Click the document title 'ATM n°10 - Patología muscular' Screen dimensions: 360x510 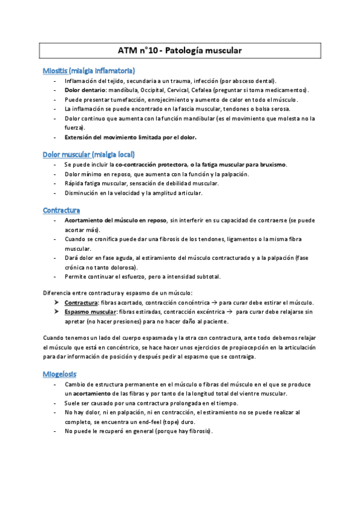coord(180,51)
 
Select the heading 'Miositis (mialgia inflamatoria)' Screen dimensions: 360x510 coord(88,70)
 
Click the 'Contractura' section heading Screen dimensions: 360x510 coord(61,210)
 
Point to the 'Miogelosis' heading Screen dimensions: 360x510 coord(59,373)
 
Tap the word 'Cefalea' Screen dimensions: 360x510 coord(213,90)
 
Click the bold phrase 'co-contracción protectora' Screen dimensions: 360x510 coord(150,165)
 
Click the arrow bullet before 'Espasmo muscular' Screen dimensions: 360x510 coord(56,312)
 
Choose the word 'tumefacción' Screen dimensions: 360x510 coord(128,99)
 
